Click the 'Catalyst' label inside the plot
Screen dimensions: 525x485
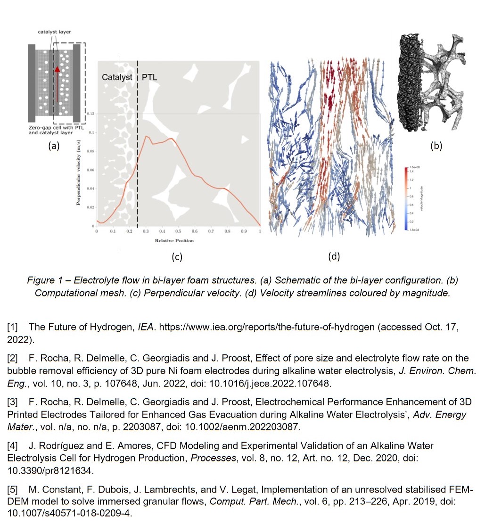(117, 77)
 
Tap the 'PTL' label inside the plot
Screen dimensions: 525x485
(149, 77)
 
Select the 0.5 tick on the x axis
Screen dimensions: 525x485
(178, 232)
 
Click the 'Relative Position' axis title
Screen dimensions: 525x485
(174, 241)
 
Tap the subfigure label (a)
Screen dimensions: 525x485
(54, 146)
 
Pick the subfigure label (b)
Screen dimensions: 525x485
(436, 146)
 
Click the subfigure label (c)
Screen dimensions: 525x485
(177, 257)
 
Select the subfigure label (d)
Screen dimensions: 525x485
(333, 256)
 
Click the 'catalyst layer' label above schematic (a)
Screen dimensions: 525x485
(54, 32)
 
